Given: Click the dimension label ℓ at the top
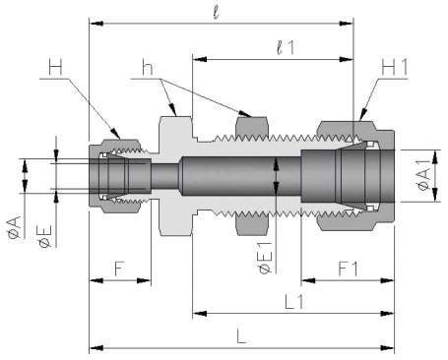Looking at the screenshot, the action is click(216, 12).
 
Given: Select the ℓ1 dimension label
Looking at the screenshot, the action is click(286, 48).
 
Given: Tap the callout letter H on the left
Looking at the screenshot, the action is click(55, 67).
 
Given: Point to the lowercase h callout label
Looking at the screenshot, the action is click(148, 67).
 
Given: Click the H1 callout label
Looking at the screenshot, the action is click(395, 67).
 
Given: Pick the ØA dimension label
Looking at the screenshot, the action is click(15, 227).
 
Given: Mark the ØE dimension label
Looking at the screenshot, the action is click(45, 236).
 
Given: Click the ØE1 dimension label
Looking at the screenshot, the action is click(265, 258).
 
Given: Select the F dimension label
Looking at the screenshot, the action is click(119, 269).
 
